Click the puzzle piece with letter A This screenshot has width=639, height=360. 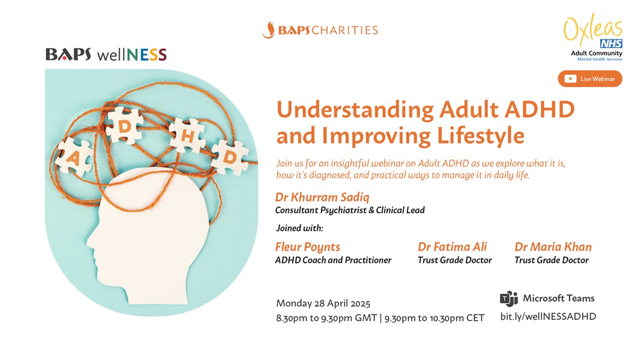[x=74, y=156]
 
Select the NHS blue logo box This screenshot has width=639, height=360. [x=611, y=44]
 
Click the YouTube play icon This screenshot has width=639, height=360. [x=570, y=79]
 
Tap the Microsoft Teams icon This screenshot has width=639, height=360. [x=508, y=299]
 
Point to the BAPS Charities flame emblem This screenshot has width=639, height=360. [x=268, y=30]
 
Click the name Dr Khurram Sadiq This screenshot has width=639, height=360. [x=322, y=197]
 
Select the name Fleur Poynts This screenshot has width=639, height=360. [x=308, y=247]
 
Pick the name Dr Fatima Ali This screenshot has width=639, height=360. [x=452, y=246]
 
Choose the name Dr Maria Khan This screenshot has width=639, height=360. [x=553, y=246]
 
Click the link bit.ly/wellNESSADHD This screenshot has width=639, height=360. [x=548, y=316]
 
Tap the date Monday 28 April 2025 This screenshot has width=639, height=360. [x=323, y=303]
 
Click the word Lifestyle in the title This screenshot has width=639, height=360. [x=481, y=136]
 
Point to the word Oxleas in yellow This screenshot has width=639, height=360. [x=593, y=29]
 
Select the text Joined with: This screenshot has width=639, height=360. [x=300, y=228]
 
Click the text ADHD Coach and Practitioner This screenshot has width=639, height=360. [x=333, y=260]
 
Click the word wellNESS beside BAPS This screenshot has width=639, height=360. [x=132, y=54]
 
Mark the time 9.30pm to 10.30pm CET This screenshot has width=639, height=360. [x=434, y=318]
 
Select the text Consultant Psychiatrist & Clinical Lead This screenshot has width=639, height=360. [x=350, y=210]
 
